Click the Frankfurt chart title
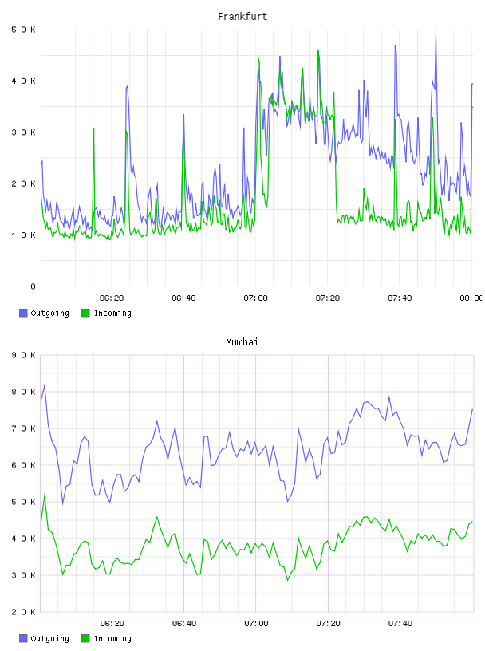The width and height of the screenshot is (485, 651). coord(242,17)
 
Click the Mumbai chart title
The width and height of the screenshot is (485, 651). coord(242,342)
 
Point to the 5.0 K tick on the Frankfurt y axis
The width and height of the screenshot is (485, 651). coord(24,30)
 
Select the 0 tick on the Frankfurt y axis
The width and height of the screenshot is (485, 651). coord(33,286)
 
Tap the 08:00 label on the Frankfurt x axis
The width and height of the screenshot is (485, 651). coord(471,298)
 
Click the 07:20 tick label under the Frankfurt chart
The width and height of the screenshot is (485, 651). coord(328,298)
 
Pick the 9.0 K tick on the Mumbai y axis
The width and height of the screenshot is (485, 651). coord(24,355)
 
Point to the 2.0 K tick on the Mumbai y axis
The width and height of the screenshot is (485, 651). coord(24,612)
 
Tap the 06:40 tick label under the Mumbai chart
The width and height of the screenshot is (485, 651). coord(184,624)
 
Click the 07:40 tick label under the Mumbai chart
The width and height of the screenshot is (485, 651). coord(400,624)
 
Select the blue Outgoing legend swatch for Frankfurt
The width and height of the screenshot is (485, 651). coord(23,313)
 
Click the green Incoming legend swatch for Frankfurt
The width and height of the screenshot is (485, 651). coord(85,313)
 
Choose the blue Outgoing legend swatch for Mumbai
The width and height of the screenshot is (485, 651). coord(23,638)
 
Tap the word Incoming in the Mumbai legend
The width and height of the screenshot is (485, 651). coord(112,638)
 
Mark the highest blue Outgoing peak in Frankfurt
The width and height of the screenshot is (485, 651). coord(436,38)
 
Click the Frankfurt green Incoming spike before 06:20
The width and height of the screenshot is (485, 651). coord(93,128)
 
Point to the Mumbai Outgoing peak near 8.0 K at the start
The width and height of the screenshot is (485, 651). coord(45,385)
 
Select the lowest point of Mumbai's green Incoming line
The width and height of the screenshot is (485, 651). coord(287,580)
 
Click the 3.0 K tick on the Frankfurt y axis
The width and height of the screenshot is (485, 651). coord(24,132)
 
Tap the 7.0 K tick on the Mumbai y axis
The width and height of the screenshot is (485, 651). coord(24,428)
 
